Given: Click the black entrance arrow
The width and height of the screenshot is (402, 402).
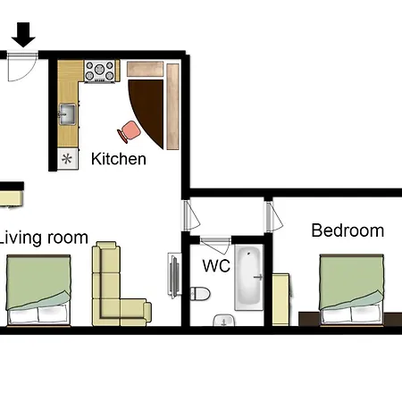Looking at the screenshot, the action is point(23,35).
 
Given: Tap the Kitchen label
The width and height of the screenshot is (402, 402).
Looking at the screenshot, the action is point(119,159).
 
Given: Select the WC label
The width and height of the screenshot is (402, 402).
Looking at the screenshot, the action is point(216,265).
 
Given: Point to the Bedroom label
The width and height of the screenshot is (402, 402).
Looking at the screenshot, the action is point(348,230).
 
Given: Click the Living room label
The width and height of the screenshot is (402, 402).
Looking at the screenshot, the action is point(44,239).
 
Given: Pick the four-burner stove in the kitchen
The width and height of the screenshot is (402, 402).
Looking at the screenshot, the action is point(100,71).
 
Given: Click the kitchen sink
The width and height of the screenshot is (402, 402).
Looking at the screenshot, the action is point(68,113).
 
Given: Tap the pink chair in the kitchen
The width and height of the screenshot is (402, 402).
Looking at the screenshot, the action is point(130,131).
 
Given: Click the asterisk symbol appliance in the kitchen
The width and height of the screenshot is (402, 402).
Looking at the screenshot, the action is point(68,159).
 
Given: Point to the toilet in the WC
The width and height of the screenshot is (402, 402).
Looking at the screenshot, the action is point(200,294).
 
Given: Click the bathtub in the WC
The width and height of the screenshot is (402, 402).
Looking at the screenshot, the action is point(249,278).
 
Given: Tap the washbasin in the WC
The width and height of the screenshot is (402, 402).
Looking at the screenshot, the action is point(224,320).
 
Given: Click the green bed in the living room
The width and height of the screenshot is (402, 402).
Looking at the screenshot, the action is point(38,290).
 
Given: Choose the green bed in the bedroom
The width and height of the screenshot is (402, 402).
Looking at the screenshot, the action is point(351,289).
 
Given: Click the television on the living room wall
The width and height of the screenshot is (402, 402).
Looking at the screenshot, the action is point(175,275).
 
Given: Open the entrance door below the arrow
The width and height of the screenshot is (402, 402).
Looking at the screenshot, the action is point(22,66).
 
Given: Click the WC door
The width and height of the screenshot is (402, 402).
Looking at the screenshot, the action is point(215,245).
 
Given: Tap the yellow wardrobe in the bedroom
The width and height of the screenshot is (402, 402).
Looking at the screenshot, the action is point(281,299).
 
